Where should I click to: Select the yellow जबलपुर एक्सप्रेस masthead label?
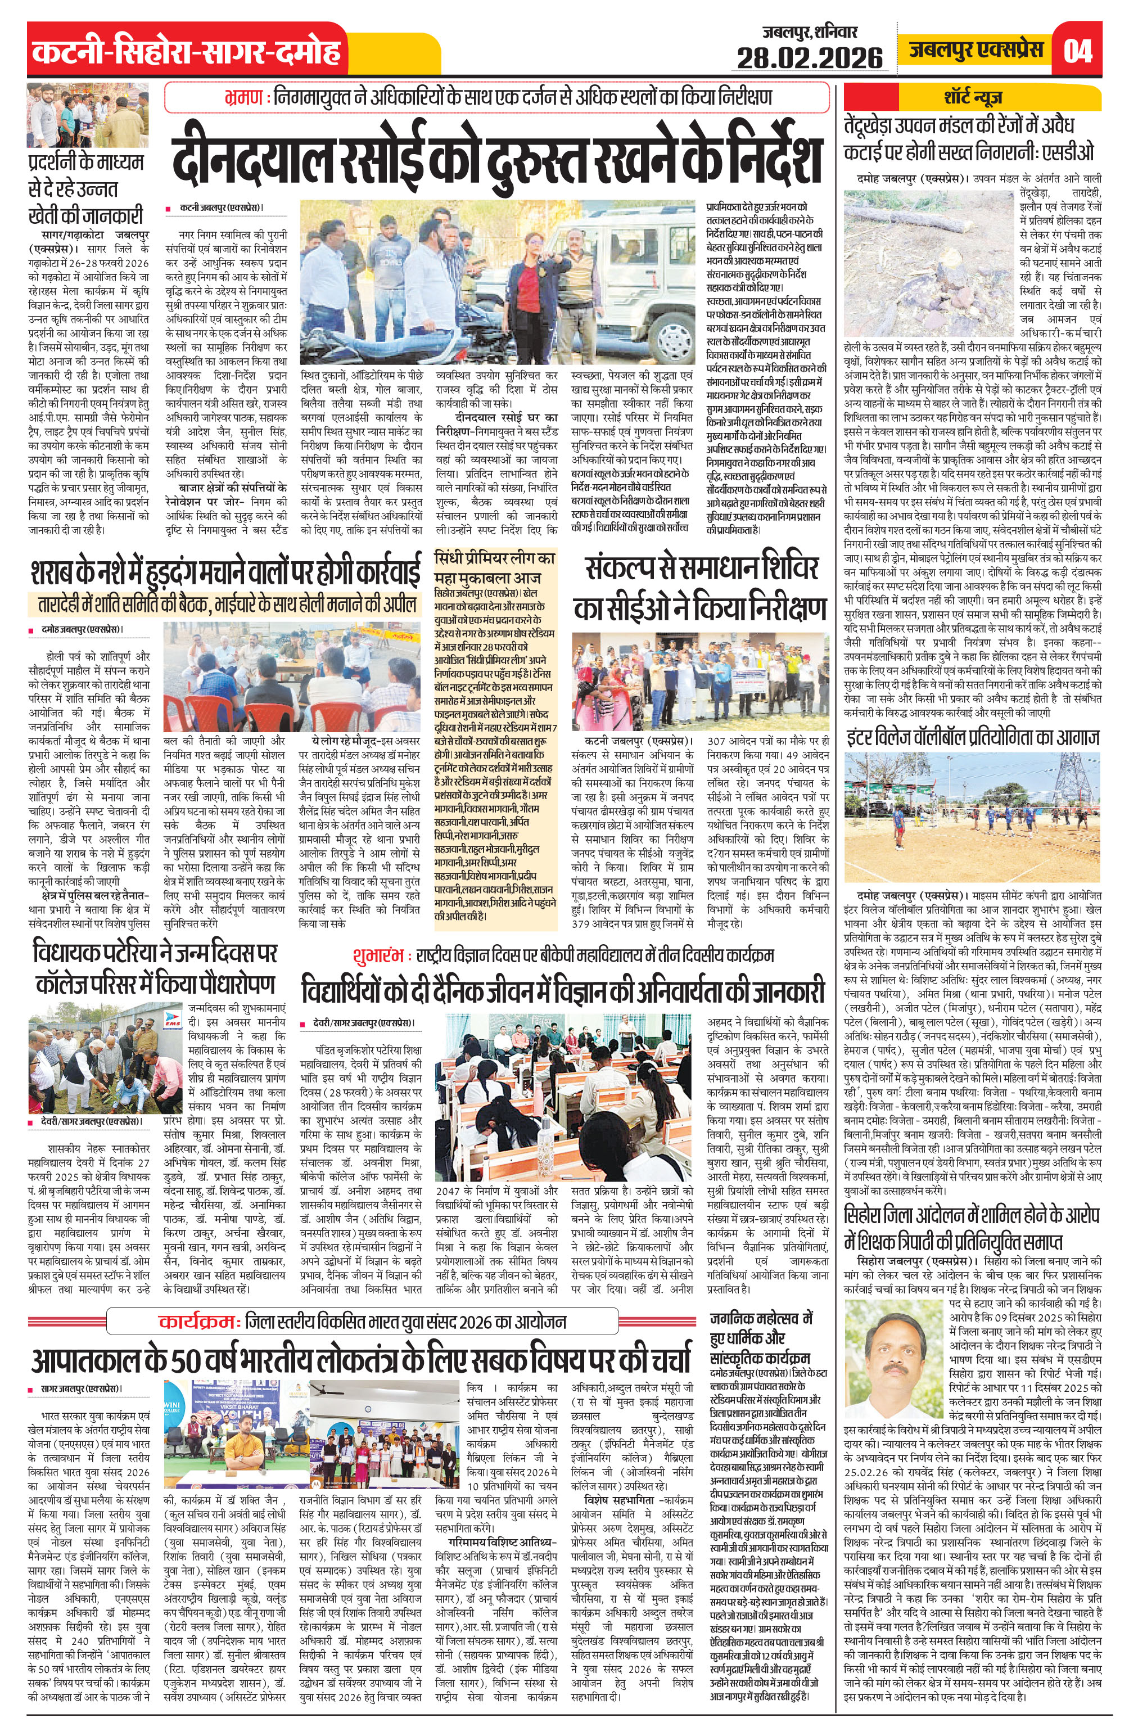coord(976,49)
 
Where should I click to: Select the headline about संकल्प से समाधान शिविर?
coord(700,587)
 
